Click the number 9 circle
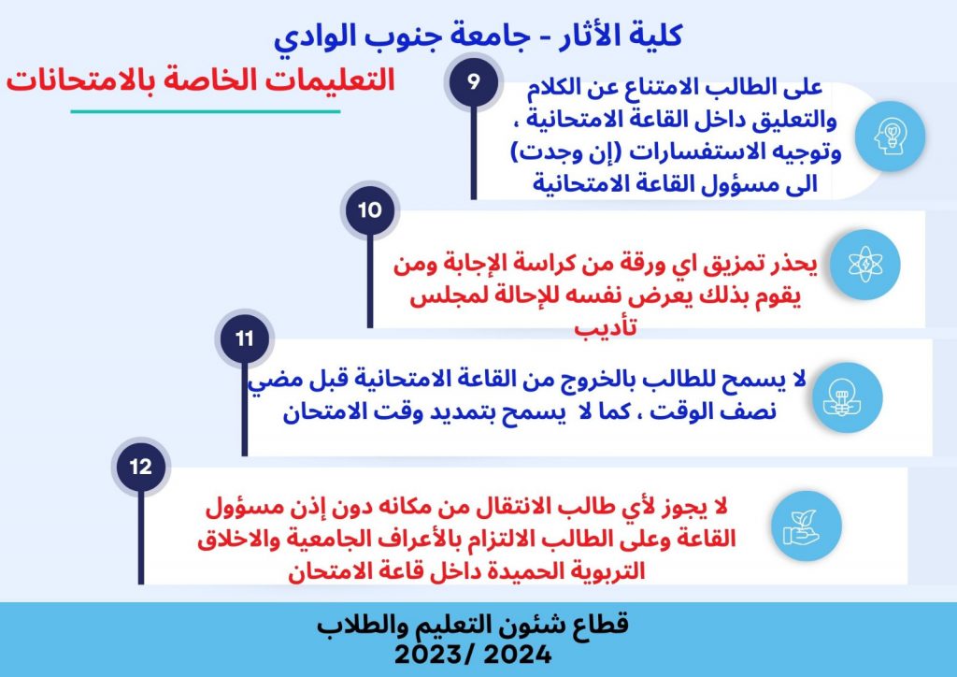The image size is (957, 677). [474, 81]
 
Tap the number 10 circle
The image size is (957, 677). [370, 210]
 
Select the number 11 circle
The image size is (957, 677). [245, 338]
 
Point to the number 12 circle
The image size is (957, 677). [141, 467]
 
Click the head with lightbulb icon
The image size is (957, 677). [891, 137]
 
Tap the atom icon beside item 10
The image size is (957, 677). [865, 265]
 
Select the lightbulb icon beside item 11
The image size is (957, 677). [847, 397]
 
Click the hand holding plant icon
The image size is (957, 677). [807, 526]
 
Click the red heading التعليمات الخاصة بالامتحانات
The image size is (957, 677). [201, 80]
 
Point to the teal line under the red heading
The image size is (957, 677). [205, 111]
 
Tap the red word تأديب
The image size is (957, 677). [606, 328]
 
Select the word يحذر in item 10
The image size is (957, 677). [793, 264]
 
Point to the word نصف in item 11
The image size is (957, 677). [751, 411]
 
